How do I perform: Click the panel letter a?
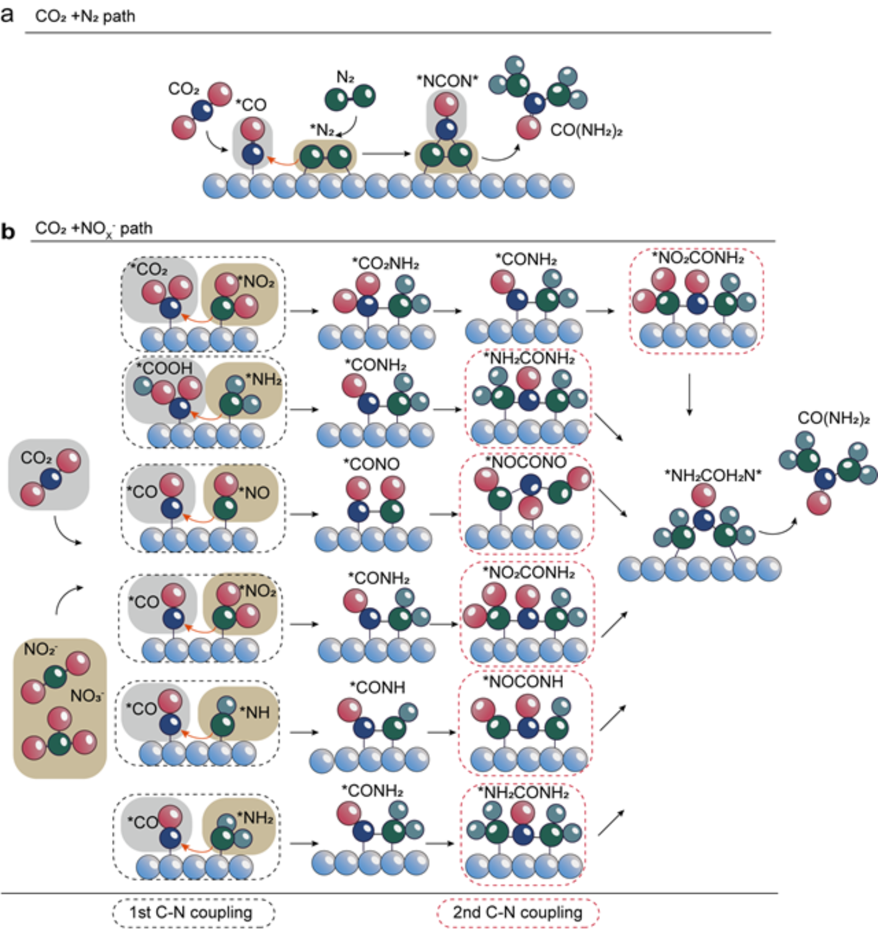(x=7, y=14)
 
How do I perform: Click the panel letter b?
(x=8, y=231)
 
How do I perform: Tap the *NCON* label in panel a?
(x=447, y=81)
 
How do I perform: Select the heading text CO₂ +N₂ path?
(x=85, y=16)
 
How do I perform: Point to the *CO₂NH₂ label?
(x=385, y=264)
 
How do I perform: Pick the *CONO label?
(x=372, y=464)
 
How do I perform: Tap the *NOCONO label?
(x=526, y=462)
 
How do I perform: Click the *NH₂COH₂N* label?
(x=713, y=475)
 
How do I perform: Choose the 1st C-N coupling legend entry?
(x=192, y=912)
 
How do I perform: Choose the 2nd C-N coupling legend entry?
(x=518, y=912)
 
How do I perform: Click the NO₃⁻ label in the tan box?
(x=87, y=696)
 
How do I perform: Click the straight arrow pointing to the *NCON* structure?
(x=387, y=153)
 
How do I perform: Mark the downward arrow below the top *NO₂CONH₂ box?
(x=689, y=394)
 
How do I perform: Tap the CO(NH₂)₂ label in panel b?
(x=833, y=418)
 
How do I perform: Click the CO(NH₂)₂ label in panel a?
(x=586, y=131)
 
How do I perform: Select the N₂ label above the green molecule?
(x=346, y=77)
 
